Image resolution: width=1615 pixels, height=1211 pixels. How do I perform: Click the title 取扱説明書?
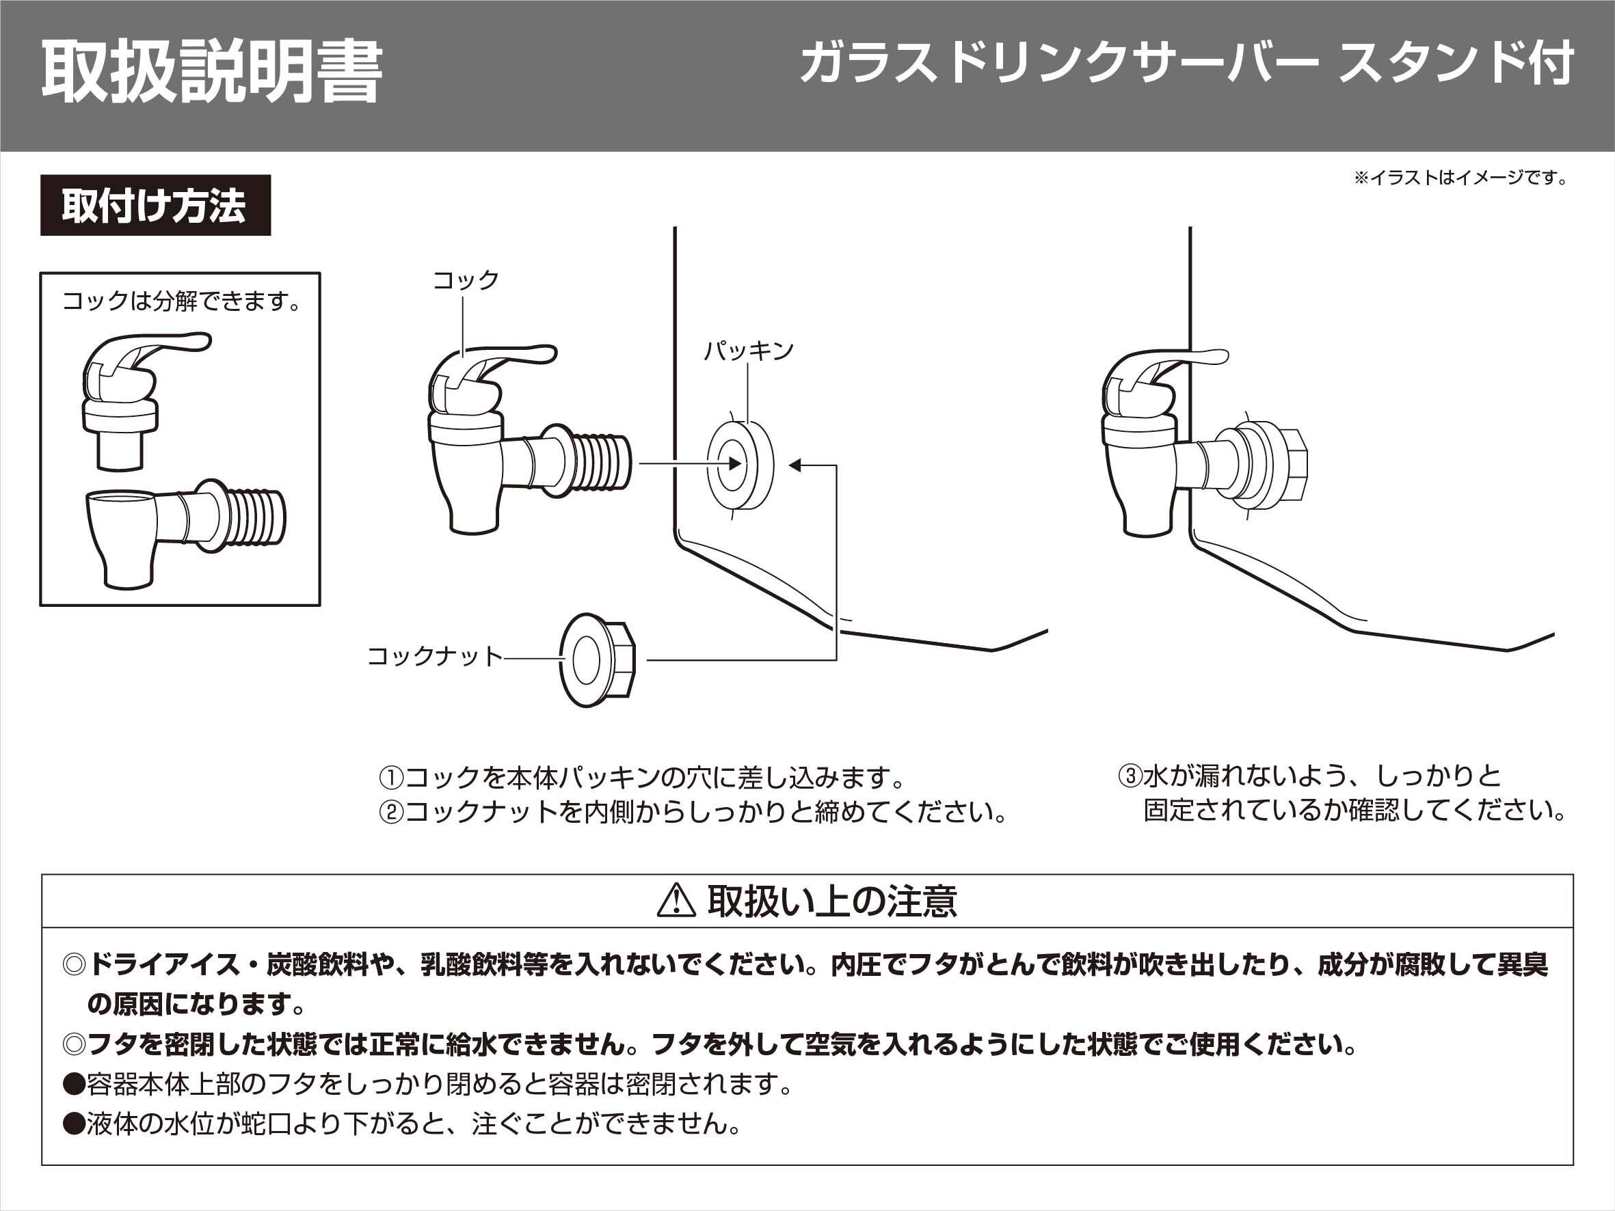point(212,73)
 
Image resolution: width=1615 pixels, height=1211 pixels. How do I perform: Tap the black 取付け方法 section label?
point(155,206)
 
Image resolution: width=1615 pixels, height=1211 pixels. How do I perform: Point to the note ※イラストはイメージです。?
point(1461,178)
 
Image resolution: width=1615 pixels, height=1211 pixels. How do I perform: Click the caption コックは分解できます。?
point(181,301)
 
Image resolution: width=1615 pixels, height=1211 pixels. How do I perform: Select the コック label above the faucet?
point(466,280)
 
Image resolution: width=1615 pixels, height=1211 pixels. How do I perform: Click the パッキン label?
point(749,351)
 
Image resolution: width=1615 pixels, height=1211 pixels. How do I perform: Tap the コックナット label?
point(434,656)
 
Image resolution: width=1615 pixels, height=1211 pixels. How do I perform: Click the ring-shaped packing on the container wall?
point(740,464)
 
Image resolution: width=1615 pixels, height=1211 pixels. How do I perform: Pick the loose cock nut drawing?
point(596,660)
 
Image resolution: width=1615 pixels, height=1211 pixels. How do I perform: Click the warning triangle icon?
point(676,900)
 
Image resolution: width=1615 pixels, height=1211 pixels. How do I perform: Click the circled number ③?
point(1130,775)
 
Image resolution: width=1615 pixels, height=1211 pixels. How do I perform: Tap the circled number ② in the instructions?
point(391,812)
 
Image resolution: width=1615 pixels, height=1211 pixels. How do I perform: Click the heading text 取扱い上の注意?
point(831,901)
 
